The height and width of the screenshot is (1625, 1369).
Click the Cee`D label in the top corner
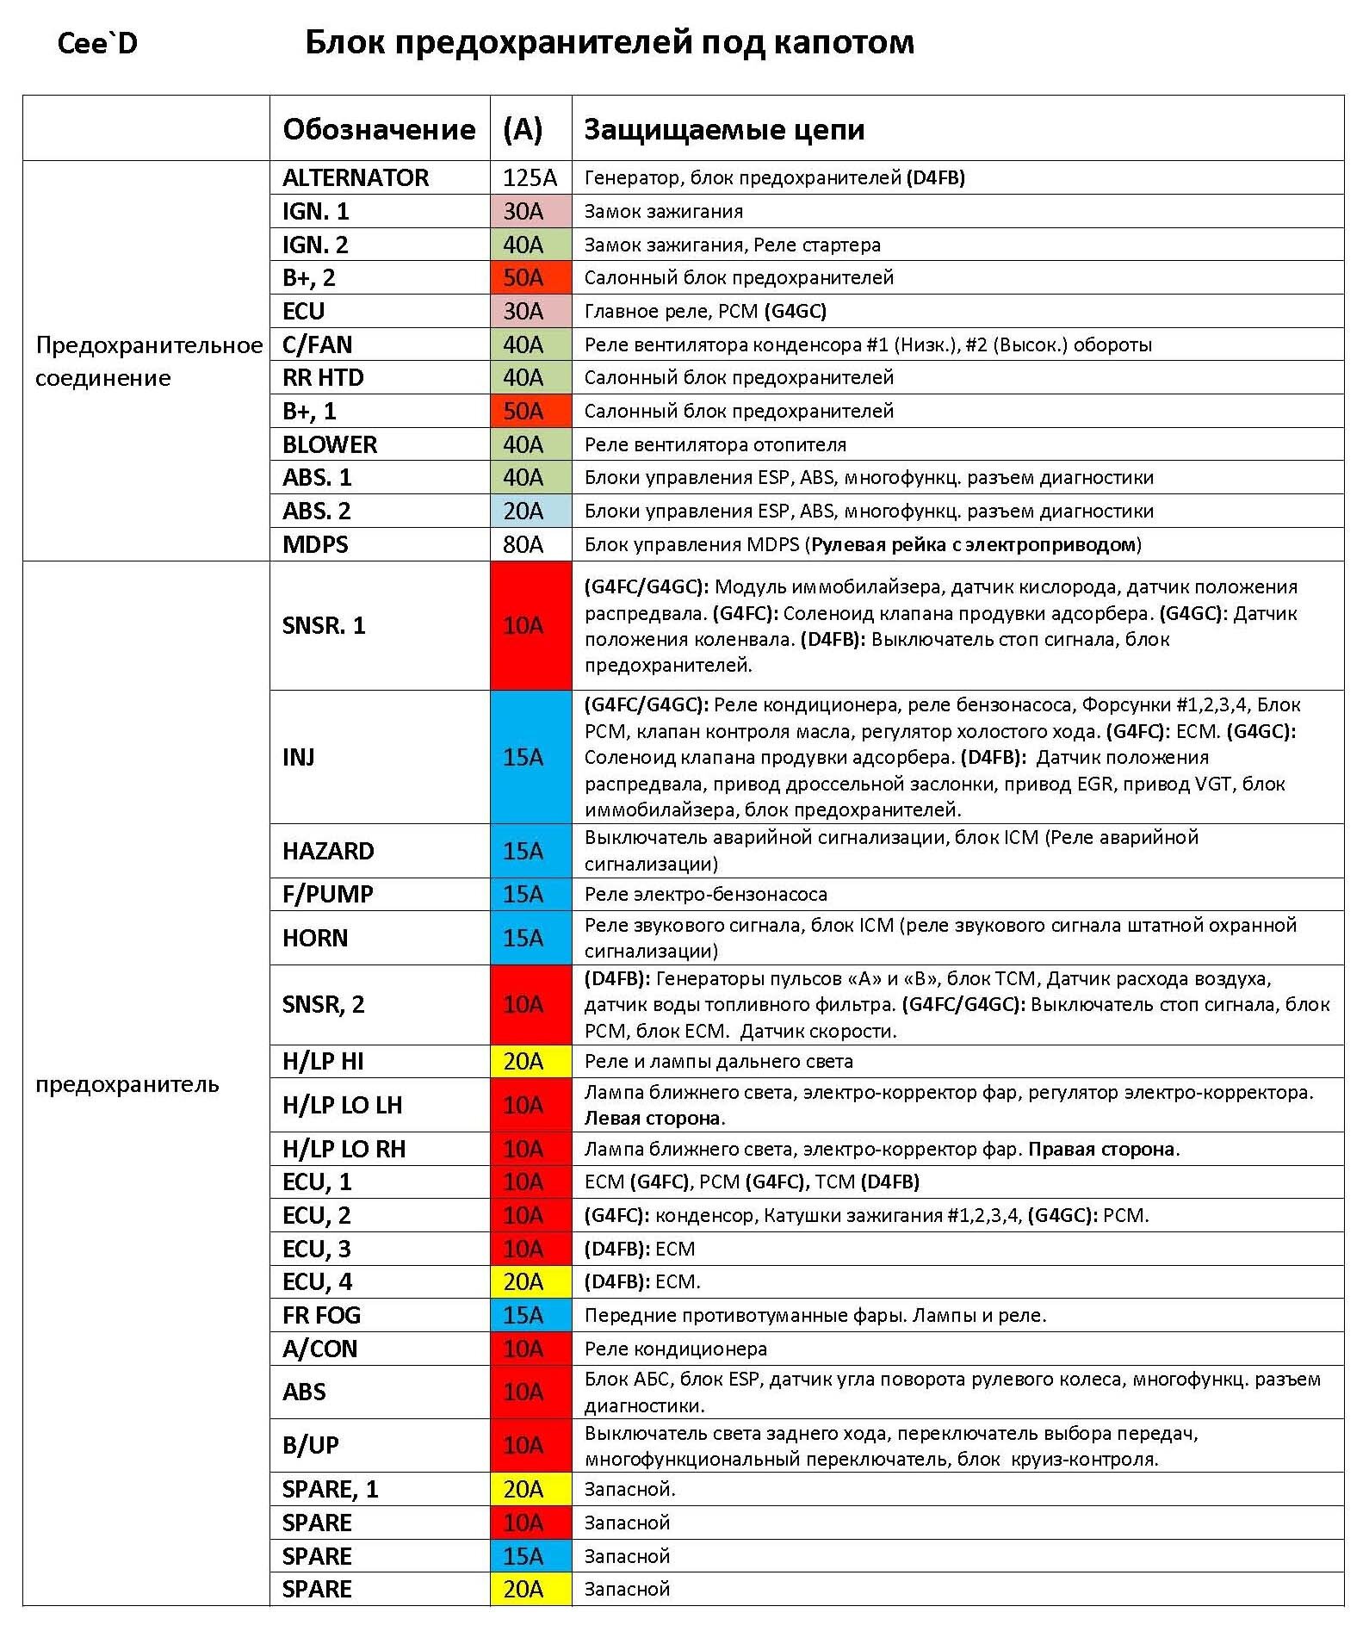[x=97, y=43]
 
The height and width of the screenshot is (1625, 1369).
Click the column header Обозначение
[x=379, y=129]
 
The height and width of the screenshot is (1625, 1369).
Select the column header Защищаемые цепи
[x=724, y=129]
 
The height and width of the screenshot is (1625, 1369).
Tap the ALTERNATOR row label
[x=356, y=177]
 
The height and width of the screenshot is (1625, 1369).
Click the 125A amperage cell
[x=530, y=177]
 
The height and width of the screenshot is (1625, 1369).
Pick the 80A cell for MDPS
[x=523, y=544]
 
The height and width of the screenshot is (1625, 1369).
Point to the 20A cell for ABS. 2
[x=523, y=511]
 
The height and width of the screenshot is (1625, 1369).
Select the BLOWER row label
[x=330, y=444]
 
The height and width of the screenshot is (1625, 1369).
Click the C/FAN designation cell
[x=318, y=344]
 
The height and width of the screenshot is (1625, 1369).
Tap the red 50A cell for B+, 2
[x=523, y=277]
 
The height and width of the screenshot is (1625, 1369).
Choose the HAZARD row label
[x=328, y=851]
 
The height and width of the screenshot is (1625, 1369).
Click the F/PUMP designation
[x=328, y=894]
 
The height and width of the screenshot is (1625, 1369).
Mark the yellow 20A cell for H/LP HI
[x=523, y=1061]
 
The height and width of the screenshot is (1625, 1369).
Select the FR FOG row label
[x=322, y=1315]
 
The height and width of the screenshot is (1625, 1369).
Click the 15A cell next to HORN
[x=523, y=938]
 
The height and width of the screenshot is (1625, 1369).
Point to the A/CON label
[x=319, y=1349]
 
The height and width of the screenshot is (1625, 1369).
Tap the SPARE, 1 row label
[x=331, y=1489]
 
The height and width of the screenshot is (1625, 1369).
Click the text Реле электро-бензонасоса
[x=705, y=894]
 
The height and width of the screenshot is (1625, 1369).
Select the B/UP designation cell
[x=311, y=1445]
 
